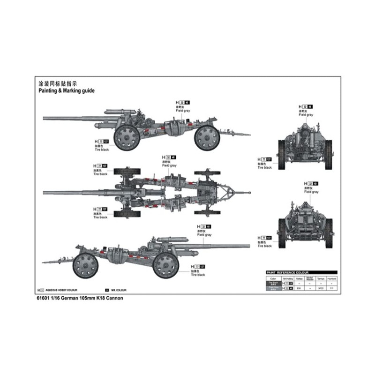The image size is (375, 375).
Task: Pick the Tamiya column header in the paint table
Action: pyautogui.click(x=320, y=278)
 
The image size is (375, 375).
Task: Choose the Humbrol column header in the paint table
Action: pyautogui.click(x=332, y=278)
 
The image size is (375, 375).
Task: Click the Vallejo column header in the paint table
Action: pyautogui.click(x=299, y=278)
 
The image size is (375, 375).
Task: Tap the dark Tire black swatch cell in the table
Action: pyautogui.click(x=272, y=284)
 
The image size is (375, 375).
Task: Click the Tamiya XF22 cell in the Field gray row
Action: pyautogui.click(x=320, y=289)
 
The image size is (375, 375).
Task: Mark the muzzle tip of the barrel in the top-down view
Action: pyautogui.click(x=44, y=192)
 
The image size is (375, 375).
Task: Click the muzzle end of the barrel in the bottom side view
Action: pyautogui.click(x=248, y=245)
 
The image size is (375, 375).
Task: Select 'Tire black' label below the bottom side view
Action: pyautogui.click(x=198, y=275)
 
